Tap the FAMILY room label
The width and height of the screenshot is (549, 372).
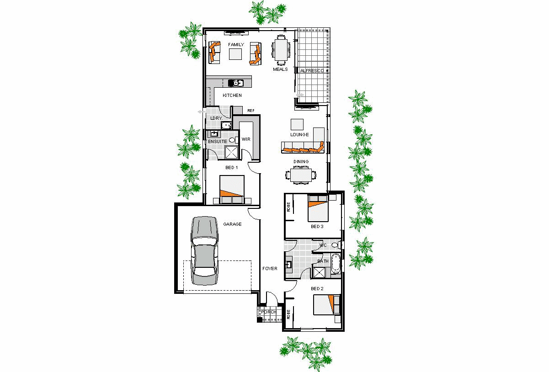(x=236, y=45)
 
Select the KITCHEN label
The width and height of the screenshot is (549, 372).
(x=232, y=95)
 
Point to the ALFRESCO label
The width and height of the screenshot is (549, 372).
(x=312, y=71)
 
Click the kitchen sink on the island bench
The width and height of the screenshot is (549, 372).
(x=236, y=83)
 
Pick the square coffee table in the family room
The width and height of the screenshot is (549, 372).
(x=235, y=54)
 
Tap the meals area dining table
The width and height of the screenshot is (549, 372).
(x=281, y=49)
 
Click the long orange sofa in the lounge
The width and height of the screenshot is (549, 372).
(x=303, y=148)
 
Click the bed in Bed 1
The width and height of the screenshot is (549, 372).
(x=232, y=190)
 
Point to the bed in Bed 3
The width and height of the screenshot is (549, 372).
(x=317, y=208)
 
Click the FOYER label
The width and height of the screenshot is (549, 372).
(x=270, y=269)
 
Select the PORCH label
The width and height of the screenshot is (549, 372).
(x=268, y=312)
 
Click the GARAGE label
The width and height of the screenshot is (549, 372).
(x=232, y=224)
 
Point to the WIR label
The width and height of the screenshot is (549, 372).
(x=246, y=139)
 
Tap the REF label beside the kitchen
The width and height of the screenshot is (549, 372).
(x=251, y=111)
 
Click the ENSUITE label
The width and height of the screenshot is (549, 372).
(x=218, y=142)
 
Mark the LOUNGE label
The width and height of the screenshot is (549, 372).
(x=299, y=135)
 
